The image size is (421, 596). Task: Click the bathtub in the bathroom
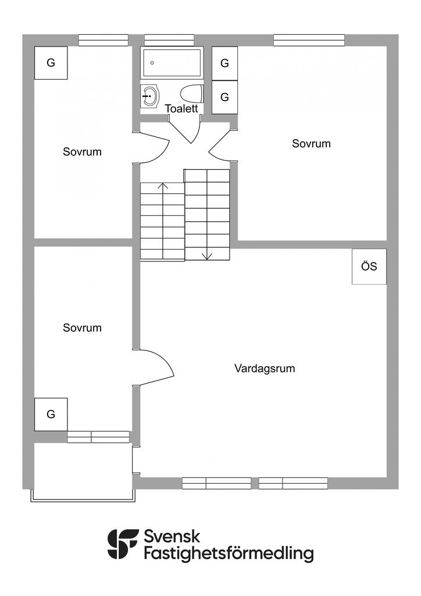click(x=171, y=63)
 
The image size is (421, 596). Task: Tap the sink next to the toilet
click(x=151, y=96)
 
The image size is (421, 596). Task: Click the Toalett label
click(x=182, y=109)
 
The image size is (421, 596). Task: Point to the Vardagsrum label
click(x=265, y=368)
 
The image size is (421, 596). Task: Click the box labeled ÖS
click(x=369, y=267)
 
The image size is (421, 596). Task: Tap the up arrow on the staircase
click(x=163, y=187)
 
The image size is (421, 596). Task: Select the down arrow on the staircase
click(x=207, y=254)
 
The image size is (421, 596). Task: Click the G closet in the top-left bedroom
click(x=51, y=63)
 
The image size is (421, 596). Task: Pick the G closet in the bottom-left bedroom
click(x=51, y=414)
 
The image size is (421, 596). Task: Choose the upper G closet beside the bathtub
click(x=224, y=63)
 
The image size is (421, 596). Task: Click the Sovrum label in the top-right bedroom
click(x=311, y=144)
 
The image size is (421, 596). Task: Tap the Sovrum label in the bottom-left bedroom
click(x=82, y=328)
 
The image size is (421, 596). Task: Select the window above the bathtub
click(x=169, y=40)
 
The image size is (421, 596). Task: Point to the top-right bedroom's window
click(x=309, y=40)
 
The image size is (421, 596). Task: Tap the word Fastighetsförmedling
click(x=229, y=554)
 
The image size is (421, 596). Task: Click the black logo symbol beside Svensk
click(x=123, y=544)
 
